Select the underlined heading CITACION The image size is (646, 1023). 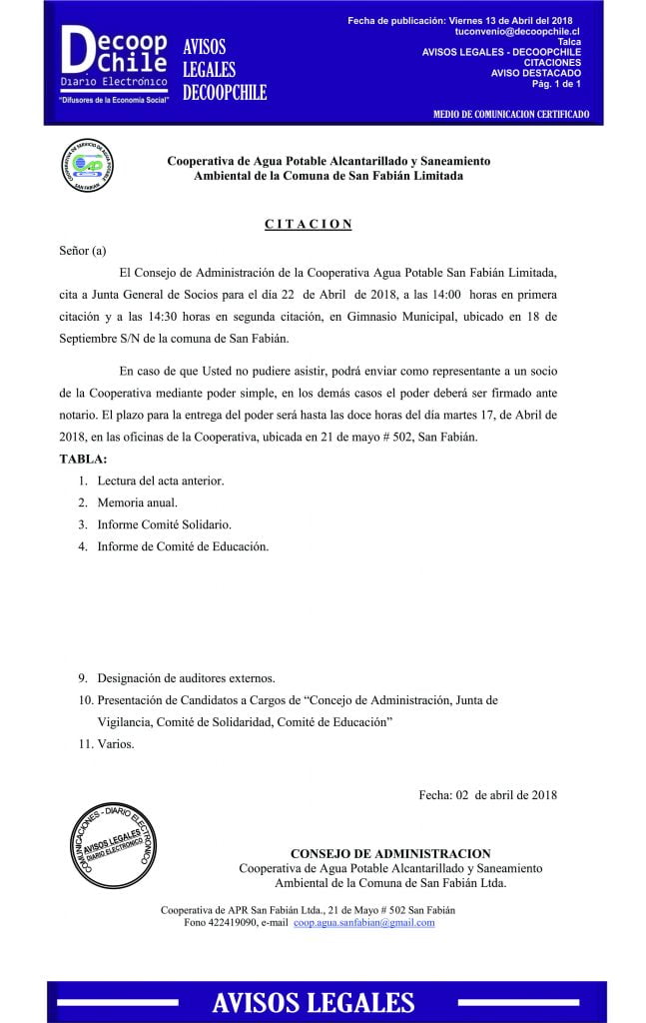coord(309,224)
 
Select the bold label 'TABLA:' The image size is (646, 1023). coord(82,459)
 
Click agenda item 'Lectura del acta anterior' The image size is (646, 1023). coord(160,481)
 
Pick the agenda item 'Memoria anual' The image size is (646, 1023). coord(137,503)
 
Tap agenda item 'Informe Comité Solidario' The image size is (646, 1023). coord(164,524)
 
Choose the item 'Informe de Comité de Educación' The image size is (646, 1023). coord(183,546)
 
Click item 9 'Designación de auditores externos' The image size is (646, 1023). coord(186,678)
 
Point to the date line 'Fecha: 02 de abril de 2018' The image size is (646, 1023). coord(487,795)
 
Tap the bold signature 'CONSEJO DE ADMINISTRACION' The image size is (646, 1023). coord(389,853)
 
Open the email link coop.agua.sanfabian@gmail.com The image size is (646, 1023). coord(363,923)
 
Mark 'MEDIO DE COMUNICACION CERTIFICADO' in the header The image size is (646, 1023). coord(511,115)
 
